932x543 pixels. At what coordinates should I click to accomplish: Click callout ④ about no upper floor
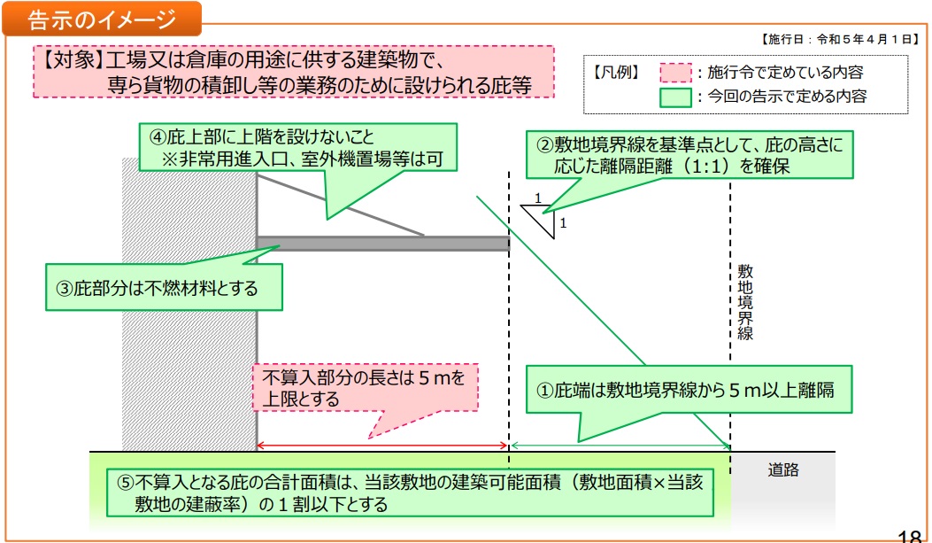298,148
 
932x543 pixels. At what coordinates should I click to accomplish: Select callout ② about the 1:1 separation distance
690,154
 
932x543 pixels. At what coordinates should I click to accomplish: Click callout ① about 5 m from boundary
689,389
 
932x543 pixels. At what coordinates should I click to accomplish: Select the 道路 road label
783,470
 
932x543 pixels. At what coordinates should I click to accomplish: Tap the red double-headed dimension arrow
382,445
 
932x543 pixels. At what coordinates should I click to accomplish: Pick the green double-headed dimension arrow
620,445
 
